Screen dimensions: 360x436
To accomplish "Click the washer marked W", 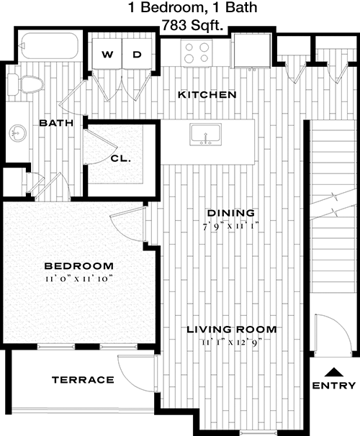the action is tap(107, 53).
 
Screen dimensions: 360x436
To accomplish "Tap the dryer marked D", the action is tap(137, 53).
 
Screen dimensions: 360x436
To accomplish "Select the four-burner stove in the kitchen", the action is tap(197, 53).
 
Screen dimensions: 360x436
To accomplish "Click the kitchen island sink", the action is tap(206, 135).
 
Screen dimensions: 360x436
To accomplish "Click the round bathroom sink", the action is tap(18, 134).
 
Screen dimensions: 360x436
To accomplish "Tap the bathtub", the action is tap(50, 46).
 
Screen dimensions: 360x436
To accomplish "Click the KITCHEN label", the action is tap(207, 94).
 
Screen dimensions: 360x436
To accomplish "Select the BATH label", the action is tap(56, 122).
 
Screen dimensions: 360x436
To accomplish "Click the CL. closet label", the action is tap(121, 159).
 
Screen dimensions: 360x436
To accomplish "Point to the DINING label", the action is tap(231, 213).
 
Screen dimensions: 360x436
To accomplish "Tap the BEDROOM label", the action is tap(79, 265).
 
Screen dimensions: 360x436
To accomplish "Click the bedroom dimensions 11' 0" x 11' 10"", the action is tap(79, 278).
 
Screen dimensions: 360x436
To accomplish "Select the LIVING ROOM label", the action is tap(231, 330).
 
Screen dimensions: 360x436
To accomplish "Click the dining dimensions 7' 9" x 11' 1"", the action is tap(231, 227).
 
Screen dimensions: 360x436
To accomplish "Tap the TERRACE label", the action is tap(83, 380).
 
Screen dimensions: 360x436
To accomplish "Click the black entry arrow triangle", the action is tap(334, 372).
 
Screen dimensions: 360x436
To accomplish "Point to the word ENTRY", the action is tap(334, 386).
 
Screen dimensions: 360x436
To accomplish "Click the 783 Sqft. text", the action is tap(193, 26).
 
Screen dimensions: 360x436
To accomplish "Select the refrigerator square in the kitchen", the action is tap(252, 50).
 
